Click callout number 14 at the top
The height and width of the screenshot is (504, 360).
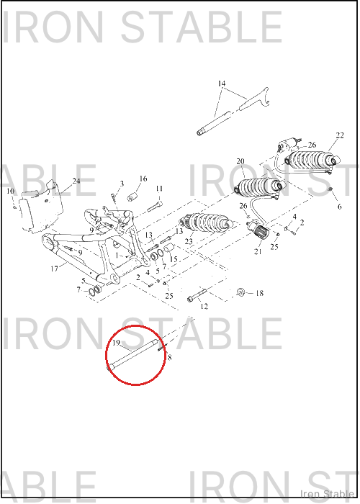click(222, 84)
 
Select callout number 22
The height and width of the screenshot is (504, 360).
click(340, 135)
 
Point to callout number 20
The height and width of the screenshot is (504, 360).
click(240, 161)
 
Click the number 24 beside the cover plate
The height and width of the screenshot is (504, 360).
click(76, 181)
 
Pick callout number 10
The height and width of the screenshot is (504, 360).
click(11, 192)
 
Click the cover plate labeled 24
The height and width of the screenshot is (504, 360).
click(41, 207)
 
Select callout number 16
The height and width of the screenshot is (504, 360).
click(143, 179)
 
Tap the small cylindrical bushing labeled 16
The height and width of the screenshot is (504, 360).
click(132, 197)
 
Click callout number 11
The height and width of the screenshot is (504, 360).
click(159, 189)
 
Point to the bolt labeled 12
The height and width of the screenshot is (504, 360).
click(197, 295)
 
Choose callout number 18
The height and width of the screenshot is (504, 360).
click(259, 293)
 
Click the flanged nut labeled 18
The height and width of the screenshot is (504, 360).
click(240, 292)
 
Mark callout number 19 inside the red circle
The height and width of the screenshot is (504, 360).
click(116, 343)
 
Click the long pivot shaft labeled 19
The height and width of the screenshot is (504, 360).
click(132, 354)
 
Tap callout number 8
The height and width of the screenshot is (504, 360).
click(169, 357)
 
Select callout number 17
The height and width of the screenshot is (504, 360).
click(54, 269)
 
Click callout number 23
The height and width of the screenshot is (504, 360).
click(189, 241)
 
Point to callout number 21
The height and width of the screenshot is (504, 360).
click(258, 251)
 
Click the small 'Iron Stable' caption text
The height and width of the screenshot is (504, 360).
click(327, 494)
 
